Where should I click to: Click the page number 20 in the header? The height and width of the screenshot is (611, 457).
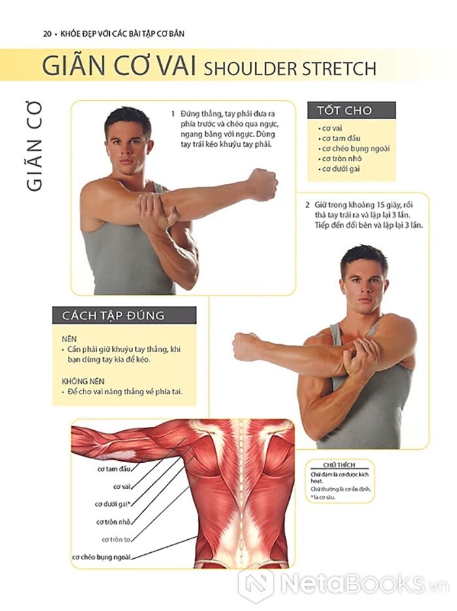click(47, 34)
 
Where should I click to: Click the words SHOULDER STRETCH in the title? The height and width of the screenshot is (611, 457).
click(290, 69)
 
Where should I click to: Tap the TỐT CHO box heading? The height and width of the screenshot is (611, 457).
click(344, 111)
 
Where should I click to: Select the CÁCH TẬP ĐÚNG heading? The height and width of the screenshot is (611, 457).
click(113, 315)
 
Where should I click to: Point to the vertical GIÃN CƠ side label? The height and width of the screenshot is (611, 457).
click(35, 146)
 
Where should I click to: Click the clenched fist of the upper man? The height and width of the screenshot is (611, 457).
click(262, 184)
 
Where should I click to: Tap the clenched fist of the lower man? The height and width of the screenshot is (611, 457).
click(247, 347)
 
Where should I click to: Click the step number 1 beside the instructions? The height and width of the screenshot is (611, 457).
click(173, 114)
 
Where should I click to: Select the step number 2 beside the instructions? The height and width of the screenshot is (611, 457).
click(307, 205)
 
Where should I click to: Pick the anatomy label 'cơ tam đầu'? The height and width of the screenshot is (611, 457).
click(114, 469)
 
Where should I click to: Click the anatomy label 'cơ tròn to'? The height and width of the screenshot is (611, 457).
click(116, 540)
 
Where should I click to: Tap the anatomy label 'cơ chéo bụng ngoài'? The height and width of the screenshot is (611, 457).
click(101, 557)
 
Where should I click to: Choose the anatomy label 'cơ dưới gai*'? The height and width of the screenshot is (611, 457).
click(112, 504)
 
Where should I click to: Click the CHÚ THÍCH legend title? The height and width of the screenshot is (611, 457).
click(339, 465)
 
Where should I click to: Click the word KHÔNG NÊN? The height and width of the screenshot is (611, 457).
click(83, 381)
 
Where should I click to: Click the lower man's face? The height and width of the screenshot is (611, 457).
click(364, 283)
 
